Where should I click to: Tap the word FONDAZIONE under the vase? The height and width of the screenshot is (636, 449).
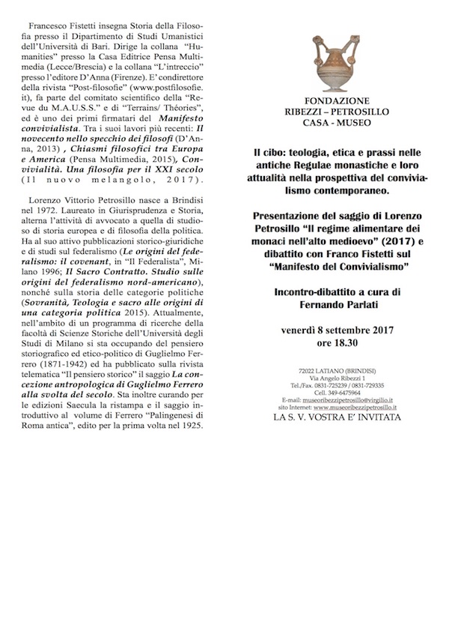(336, 100)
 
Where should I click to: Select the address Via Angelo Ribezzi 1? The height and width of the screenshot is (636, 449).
(336, 379)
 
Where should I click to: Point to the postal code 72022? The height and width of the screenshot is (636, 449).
(307, 372)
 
